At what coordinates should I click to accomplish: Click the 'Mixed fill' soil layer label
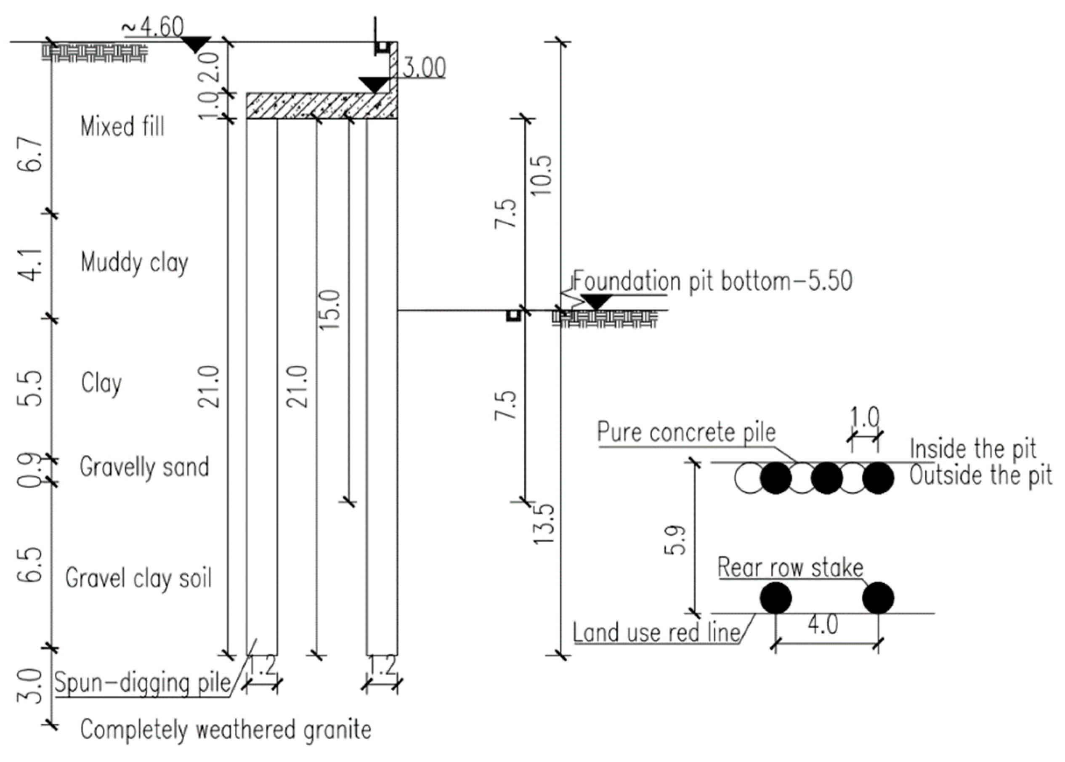pos(122,127)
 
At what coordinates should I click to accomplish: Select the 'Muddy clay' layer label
pos(134,262)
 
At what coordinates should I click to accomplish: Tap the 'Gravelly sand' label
pos(144,467)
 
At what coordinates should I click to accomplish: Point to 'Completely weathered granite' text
pos(226,730)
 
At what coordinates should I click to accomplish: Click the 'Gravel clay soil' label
pos(138,578)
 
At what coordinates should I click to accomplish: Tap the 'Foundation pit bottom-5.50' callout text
pos(712,281)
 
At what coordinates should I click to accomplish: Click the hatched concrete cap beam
pos(321,106)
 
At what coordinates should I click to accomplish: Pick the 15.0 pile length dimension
pos(330,310)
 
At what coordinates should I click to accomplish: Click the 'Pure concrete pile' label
pos(686,432)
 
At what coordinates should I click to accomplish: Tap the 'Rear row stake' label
pos(790,568)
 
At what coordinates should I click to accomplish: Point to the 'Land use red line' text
pos(656,632)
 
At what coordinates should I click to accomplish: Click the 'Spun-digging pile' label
pos(143,683)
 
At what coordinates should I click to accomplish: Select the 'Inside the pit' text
pos(972,449)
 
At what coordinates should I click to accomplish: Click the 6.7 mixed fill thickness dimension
pos(33,155)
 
